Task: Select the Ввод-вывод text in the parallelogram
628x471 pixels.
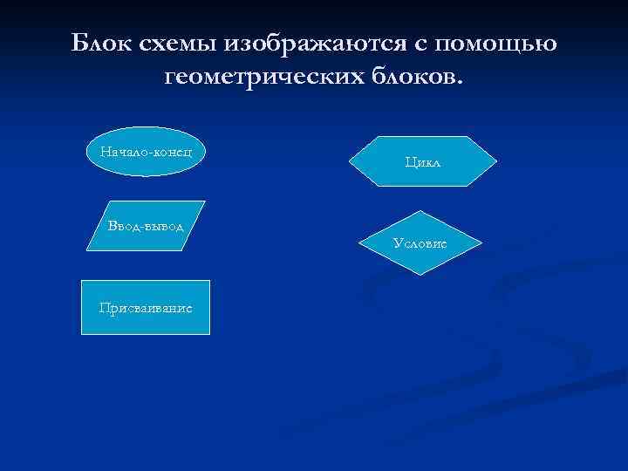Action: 146,226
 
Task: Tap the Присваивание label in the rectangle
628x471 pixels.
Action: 146,308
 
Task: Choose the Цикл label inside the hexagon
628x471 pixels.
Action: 423,161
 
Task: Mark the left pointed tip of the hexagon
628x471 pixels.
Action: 350,161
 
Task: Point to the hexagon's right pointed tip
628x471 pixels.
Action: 497,161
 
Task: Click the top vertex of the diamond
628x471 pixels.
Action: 420,211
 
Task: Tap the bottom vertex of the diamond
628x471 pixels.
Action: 420,275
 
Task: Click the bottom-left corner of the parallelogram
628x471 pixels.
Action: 88,251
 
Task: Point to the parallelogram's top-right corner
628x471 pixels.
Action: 205,201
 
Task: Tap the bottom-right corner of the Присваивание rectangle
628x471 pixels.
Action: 210,335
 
